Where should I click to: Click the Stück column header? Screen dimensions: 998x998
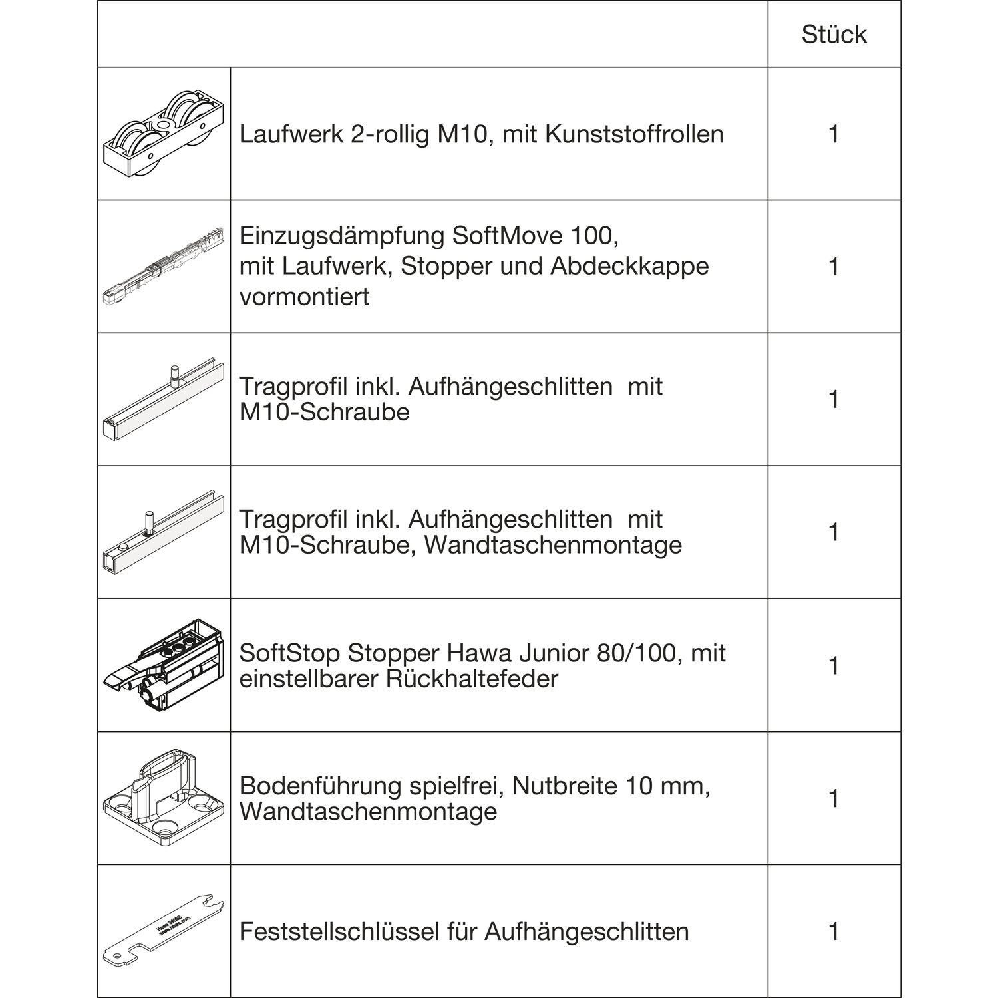[834, 35]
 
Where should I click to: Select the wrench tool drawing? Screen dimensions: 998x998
[164, 931]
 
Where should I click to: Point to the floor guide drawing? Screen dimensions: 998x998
[164, 798]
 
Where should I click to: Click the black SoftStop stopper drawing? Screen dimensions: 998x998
[164, 666]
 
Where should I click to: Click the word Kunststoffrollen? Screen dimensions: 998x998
[634, 134]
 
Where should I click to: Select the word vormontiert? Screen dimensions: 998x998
[304, 297]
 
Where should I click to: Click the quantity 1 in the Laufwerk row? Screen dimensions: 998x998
[834, 134]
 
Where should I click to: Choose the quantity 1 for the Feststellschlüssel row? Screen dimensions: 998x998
[834, 931]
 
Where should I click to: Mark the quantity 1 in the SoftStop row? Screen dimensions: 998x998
[834, 666]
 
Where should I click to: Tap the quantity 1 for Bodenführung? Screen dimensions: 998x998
[834, 798]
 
